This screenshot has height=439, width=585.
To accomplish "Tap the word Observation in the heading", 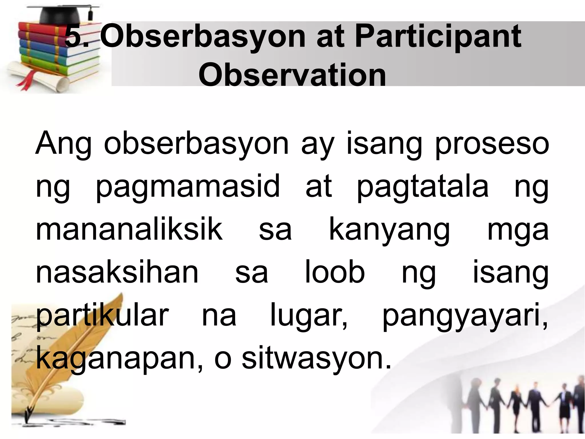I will (x=292, y=75).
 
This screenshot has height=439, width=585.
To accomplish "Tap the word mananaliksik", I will (x=129, y=230).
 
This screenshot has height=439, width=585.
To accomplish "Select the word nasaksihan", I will (x=117, y=272).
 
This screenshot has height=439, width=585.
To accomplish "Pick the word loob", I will (x=335, y=272).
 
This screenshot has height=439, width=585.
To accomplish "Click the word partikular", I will (x=102, y=316).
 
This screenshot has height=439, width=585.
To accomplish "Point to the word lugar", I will (x=309, y=316).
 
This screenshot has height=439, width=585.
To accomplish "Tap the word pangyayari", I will (x=465, y=316).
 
